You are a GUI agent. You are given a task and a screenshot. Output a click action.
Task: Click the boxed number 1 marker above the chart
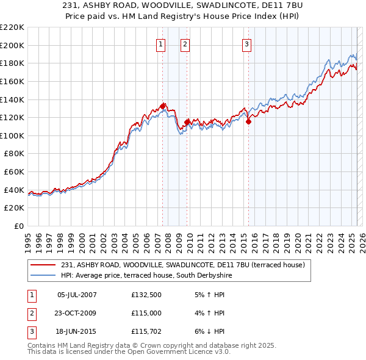[x=160, y=43]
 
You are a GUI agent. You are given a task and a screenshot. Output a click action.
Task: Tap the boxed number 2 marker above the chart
[x=185, y=43]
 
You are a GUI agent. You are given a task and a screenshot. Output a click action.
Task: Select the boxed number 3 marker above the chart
[x=246, y=43]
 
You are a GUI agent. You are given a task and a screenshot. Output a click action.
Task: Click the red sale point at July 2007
[x=163, y=106]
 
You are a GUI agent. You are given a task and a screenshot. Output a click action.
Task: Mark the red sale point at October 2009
[x=188, y=121]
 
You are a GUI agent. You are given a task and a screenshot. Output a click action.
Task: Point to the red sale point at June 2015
[x=249, y=121]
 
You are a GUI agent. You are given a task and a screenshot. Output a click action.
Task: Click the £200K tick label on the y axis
[x=12, y=45]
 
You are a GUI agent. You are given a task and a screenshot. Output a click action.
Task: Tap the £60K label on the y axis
[x=15, y=172]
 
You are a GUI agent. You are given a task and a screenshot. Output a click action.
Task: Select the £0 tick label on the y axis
[x=20, y=226]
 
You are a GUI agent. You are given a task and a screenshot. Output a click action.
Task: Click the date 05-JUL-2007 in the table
[x=76, y=295]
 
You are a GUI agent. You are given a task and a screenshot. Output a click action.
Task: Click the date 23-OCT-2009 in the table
[x=77, y=314]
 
